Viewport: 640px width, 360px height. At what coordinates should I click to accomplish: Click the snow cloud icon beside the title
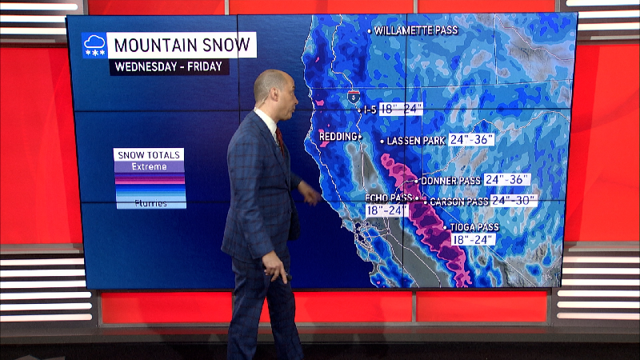(94, 46)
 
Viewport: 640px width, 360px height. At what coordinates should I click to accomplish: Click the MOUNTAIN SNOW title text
(181, 45)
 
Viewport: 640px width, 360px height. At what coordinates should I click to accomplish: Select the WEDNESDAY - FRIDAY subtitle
(170, 66)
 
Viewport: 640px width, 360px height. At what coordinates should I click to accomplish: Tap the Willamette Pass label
(415, 30)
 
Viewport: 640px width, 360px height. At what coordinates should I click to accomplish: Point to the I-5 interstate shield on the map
(353, 97)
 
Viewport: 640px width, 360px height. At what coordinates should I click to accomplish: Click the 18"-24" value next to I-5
(401, 109)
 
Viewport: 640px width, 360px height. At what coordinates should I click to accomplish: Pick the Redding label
(338, 137)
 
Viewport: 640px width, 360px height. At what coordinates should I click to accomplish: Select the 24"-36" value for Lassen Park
(472, 139)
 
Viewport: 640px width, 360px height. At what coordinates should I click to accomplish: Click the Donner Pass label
(450, 181)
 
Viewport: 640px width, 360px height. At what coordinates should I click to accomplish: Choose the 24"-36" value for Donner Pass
(507, 179)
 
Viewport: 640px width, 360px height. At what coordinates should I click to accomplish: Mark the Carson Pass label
(458, 202)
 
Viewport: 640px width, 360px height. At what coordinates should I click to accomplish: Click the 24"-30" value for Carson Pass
(513, 200)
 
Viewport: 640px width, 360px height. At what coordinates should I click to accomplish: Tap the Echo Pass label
(389, 197)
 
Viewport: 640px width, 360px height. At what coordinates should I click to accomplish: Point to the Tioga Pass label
(474, 226)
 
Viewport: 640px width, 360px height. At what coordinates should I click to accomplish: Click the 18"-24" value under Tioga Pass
(473, 239)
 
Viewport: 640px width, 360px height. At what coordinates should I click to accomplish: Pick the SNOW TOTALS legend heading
(150, 154)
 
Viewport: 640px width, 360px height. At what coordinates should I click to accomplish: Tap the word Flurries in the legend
(150, 203)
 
